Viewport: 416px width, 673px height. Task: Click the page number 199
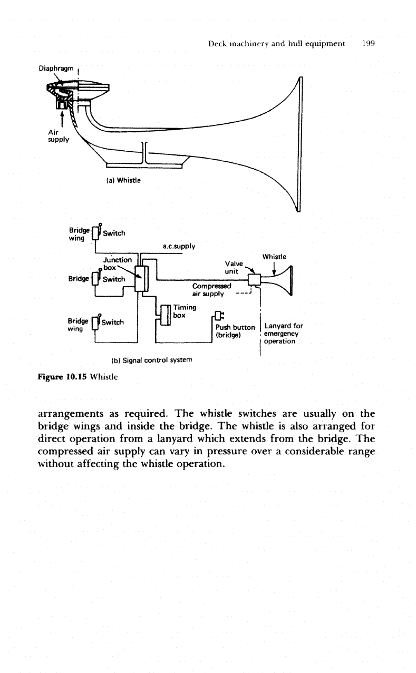[x=369, y=44]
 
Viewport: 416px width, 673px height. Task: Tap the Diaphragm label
[x=56, y=69]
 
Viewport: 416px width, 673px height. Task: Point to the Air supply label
[x=59, y=136]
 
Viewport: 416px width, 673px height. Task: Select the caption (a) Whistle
[x=123, y=180]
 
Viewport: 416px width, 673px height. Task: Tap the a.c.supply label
[x=179, y=246]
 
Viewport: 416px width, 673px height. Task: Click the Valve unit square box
[x=254, y=280]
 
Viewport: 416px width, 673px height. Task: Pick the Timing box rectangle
[x=166, y=315]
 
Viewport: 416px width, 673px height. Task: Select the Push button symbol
[x=219, y=316]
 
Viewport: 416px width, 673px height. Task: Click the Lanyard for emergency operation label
[x=283, y=334]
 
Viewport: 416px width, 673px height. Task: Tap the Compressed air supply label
[x=211, y=290]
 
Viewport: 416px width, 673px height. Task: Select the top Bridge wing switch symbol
[x=96, y=232]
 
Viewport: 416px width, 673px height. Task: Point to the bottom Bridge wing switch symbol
[x=95, y=322]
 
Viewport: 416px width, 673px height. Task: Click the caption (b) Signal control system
[x=151, y=360]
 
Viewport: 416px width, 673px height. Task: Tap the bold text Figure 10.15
[x=62, y=377]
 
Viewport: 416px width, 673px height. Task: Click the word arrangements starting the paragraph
[x=70, y=414]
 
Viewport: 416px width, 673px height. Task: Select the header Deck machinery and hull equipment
[x=276, y=44]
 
